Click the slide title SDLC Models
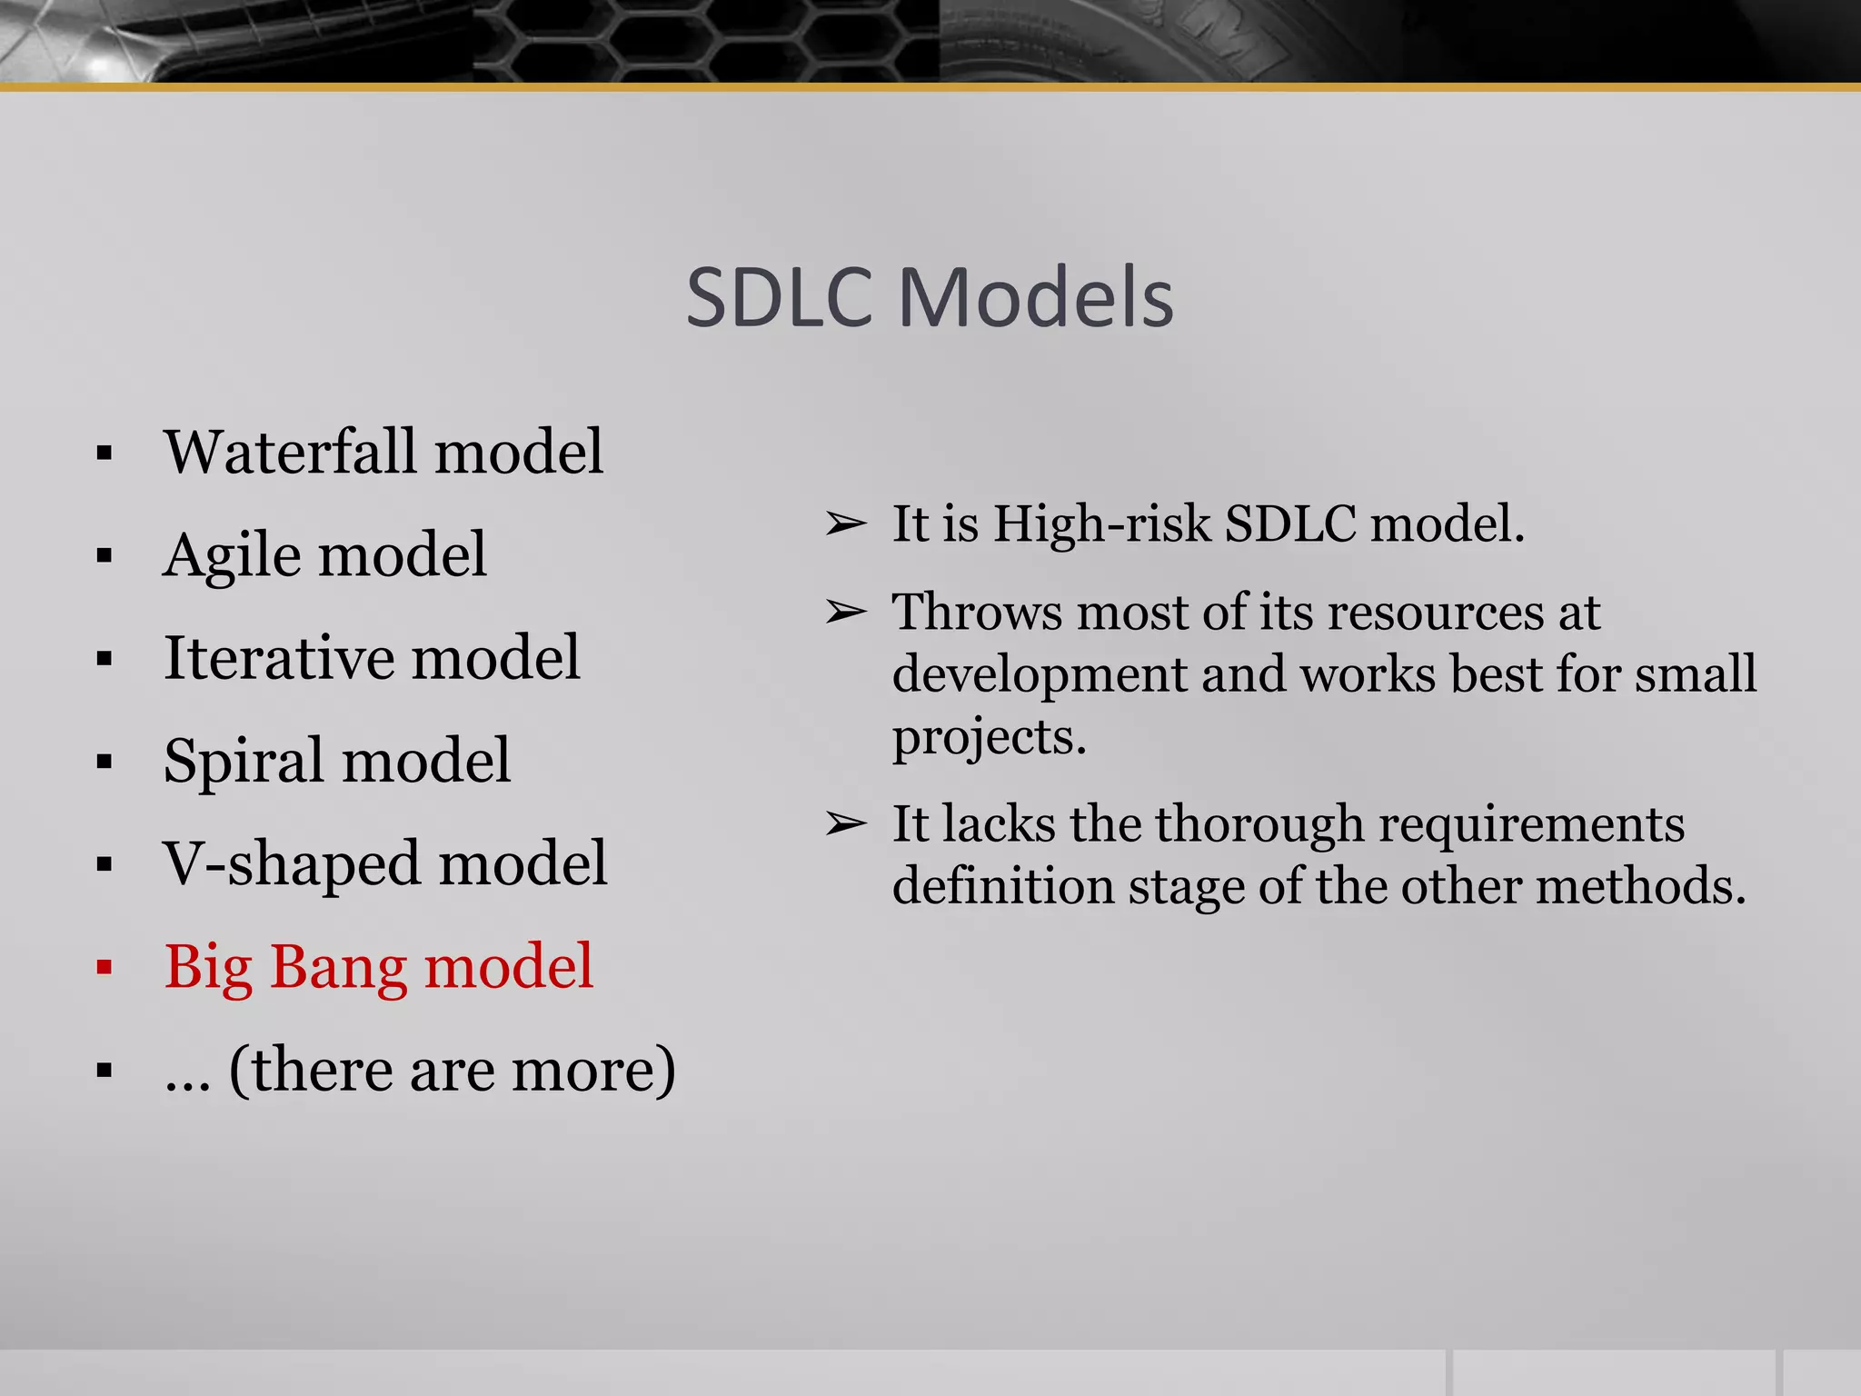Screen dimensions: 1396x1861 point(930,298)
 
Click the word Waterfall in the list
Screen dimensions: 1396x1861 point(284,452)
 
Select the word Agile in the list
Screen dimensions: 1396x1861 point(232,555)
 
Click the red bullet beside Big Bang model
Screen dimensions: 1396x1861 point(104,968)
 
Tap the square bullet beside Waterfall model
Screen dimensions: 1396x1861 point(104,453)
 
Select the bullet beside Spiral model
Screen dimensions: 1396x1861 point(104,762)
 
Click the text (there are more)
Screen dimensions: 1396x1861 point(452,1070)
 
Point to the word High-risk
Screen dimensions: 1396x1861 point(1101,524)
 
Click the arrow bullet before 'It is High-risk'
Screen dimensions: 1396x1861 point(845,524)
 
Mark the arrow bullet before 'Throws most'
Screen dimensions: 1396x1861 point(845,613)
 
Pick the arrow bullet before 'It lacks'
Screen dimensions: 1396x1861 point(845,824)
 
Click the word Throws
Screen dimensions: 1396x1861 point(977,612)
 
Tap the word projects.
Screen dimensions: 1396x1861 point(989,737)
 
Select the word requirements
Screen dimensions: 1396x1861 point(1531,824)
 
